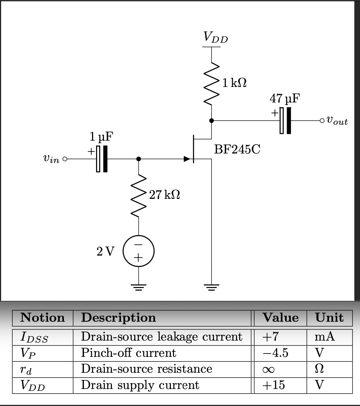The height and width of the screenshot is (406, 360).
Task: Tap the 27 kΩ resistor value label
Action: (x=164, y=195)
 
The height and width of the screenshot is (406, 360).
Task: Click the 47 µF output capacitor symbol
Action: (x=286, y=121)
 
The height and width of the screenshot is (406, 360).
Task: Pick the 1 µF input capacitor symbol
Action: (x=102, y=159)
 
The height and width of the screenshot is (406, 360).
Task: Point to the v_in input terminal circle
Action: (x=65, y=159)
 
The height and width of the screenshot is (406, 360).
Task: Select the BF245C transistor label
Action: (x=237, y=149)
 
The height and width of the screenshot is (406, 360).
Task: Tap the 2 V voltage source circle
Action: (x=139, y=251)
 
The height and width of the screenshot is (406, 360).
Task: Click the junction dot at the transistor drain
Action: (x=211, y=121)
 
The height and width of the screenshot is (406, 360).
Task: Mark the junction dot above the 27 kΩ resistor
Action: (x=139, y=159)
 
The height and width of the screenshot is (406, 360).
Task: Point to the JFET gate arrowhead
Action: (x=187, y=159)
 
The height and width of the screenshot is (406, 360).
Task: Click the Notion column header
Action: (x=42, y=318)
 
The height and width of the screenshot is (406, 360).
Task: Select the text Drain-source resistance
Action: (x=146, y=369)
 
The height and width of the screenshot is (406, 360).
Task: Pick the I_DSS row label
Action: (x=34, y=336)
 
